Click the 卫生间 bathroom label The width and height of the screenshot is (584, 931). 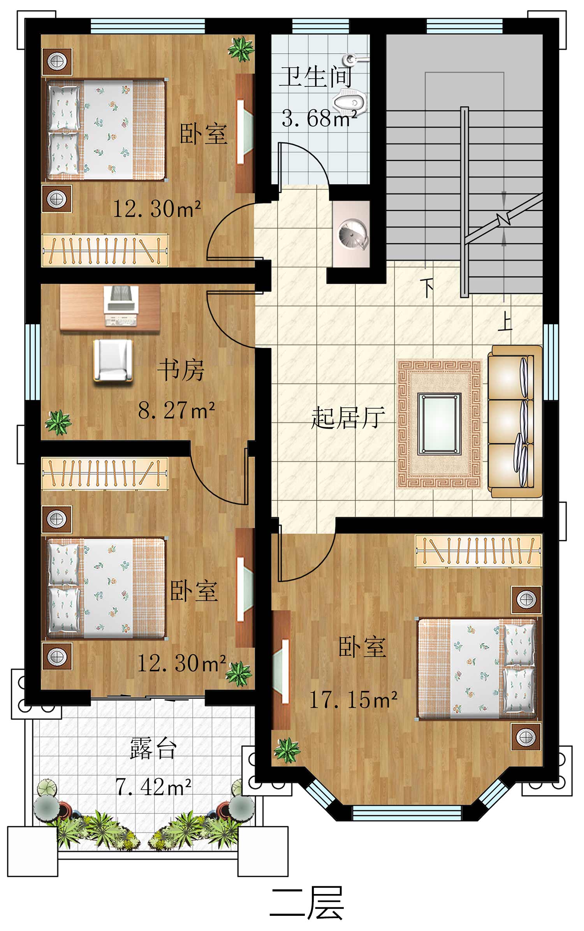click(316, 77)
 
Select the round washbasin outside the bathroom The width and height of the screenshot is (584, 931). click(352, 234)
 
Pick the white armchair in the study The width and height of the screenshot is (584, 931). click(113, 360)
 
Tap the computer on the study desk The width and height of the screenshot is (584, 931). click(121, 305)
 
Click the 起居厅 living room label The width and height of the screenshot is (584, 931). click(348, 418)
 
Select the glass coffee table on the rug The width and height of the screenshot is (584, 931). click(439, 424)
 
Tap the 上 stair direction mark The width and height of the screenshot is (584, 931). click(505, 322)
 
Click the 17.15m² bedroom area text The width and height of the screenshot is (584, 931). click(353, 700)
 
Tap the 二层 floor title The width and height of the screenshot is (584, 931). click(306, 903)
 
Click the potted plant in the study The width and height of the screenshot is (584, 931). click(58, 422)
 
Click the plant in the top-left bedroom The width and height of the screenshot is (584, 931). click(241, 49)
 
